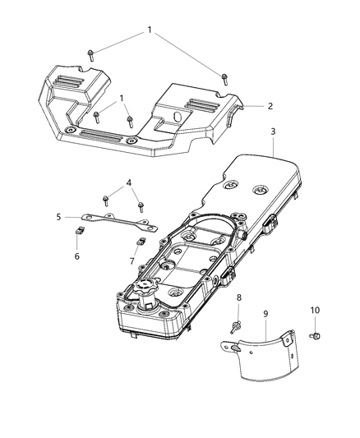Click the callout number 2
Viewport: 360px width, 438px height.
(270, 106)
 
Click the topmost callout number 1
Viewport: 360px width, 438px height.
(149, 29)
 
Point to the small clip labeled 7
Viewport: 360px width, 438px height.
(140, 242)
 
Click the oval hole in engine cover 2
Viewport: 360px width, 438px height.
(178, 118)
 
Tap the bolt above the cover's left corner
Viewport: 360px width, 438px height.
(90, 55)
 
